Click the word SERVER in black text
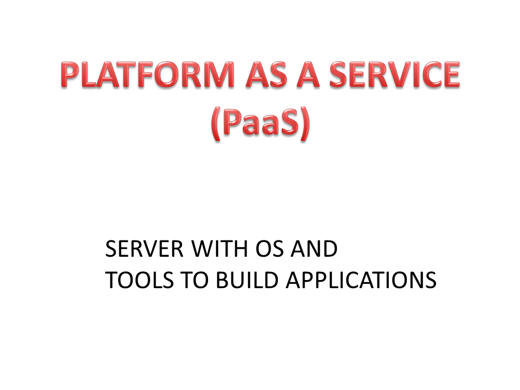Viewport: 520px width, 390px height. pos(144,249)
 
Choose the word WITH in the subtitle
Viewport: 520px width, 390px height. pos(219,249)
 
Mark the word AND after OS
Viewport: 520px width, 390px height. pos(314,249)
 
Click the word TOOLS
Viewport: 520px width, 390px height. pos(140,280)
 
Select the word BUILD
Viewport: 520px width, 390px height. pos(247,280)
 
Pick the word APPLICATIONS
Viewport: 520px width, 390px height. pos(361,280)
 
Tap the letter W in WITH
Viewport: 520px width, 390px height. pos(204,249)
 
